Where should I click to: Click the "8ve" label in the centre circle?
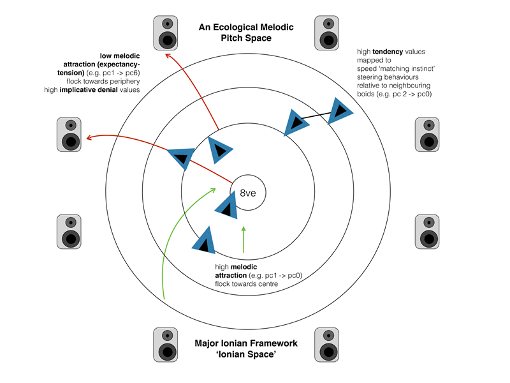[x=247, y=193]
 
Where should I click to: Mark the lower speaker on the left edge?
[x=70, y=232]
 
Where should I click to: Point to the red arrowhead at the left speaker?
[x=89, y=137]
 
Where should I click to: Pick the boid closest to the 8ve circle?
[x=226, y=206]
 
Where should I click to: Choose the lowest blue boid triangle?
[x=203, y=241]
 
